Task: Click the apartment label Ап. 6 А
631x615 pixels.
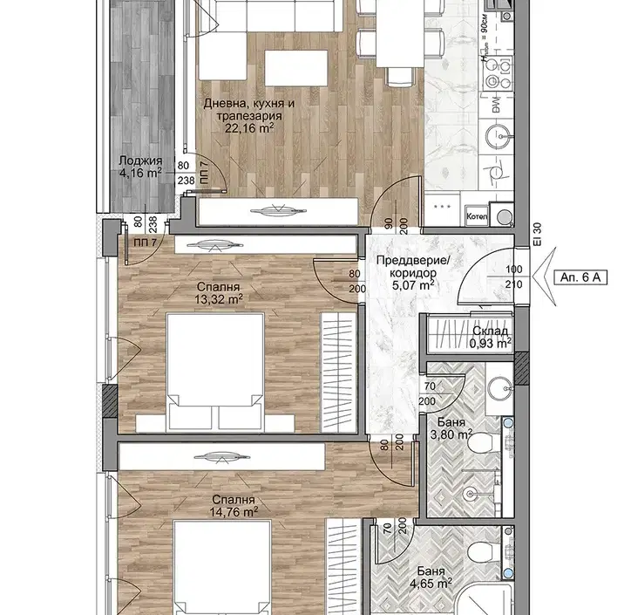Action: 580,277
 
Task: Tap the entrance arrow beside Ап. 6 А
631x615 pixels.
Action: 544,277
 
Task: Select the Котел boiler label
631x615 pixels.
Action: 477,216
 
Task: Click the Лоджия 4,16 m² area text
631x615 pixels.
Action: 140,167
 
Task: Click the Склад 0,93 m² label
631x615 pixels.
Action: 490,338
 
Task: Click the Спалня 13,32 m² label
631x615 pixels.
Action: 219,293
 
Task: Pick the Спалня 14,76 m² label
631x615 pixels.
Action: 234,506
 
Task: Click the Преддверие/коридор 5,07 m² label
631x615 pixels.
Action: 412,273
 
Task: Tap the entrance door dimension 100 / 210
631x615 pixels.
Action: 514,277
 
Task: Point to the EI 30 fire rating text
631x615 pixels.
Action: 539,235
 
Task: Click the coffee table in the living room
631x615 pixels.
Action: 296,68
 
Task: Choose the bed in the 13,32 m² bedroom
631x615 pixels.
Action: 215,372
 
